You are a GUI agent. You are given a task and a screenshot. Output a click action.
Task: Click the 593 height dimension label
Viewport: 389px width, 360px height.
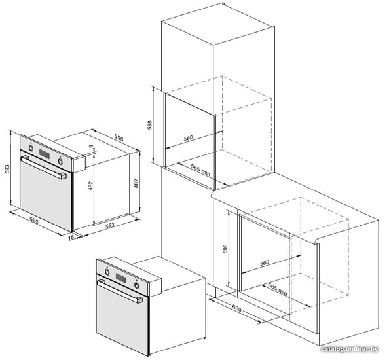point(7,169)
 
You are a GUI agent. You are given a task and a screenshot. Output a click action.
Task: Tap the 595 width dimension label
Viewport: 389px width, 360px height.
point(34,220)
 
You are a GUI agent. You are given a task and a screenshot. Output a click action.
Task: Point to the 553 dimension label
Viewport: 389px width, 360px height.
point(110,225)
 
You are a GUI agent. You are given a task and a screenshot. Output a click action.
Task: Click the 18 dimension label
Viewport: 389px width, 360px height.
point(71,237)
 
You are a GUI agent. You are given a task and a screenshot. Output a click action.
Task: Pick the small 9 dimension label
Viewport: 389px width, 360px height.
point(92,146)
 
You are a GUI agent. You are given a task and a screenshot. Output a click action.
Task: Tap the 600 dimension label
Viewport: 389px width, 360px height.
point(236,309)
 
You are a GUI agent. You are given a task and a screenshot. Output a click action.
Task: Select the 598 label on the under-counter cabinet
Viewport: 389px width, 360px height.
point(225,249)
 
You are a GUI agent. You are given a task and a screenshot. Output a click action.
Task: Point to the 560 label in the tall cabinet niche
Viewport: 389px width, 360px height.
point(188,138)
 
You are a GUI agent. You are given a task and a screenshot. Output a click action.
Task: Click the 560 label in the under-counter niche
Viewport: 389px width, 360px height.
point(265,262)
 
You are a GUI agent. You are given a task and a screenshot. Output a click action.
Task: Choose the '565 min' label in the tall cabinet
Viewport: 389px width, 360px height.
point(200,170)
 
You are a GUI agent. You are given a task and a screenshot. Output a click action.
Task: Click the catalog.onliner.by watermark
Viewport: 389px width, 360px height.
point(349,349)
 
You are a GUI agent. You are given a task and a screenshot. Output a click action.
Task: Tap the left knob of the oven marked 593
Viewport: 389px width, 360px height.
point(31,148)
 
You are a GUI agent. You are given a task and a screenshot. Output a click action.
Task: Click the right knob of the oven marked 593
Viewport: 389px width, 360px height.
point(60,161)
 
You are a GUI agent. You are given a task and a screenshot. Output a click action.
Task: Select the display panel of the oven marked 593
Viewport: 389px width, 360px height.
point(44,154)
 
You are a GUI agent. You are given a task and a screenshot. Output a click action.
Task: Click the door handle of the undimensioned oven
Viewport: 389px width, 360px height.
point(120,291)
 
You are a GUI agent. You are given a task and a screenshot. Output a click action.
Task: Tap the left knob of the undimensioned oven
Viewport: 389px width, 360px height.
point(107,272)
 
